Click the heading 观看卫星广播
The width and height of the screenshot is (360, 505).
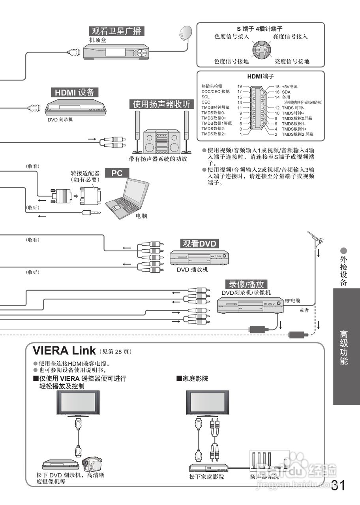click(116, 31)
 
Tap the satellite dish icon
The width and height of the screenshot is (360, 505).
click(185, 34)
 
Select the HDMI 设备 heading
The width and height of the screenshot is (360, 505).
click(75, 92)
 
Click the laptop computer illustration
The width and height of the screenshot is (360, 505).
click(127, 197)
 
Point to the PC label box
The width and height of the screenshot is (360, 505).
click(117, 173)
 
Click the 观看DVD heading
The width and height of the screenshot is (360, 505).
click(200, 243)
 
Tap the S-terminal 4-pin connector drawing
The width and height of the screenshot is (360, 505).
click(261, 49)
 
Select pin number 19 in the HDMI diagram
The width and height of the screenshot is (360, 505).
click(239, 86)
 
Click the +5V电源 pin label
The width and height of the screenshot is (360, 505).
click(290, 86)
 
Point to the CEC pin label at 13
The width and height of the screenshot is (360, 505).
click(206, 102)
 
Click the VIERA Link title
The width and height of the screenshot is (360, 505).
click(64, 350)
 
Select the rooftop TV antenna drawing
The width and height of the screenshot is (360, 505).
click(316, 239)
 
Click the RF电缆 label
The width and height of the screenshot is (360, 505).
click(292, 301)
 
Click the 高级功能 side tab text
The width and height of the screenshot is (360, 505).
click(344, 347)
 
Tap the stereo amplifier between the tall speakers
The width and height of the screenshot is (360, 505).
click(160, 142)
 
